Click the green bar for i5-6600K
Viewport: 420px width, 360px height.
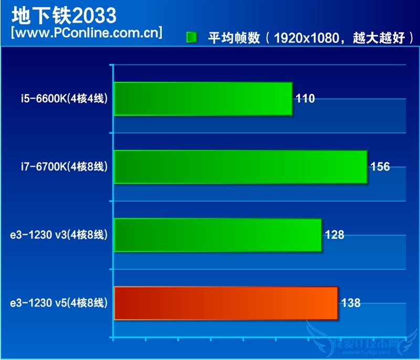pyautogui.click(x=203, y=99)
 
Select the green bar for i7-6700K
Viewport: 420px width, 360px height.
pyautogui.click(x=240, y=167)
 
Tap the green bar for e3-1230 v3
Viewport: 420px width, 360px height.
pyautogui.click(x=217, y=235)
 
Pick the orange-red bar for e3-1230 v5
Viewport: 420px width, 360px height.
pyautogui.click(x=226, y=303)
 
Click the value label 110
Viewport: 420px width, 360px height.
pyautogui.click(x=305, y=99)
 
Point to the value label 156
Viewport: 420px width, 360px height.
pyautogui.click(x=380, y=167)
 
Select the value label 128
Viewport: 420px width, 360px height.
pyautogui.click(x=334, y=235)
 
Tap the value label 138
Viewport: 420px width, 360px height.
pyautogui.click(x=351, y=303)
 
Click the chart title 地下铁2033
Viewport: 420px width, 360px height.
pyautogui.click(x=64, y=16)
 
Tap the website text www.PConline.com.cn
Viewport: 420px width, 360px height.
pyautogui.click(x=86, y=34)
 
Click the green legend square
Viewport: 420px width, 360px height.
pyautogui.click(x=192, y=38)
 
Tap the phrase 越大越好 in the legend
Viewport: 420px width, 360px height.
pyautogui.click(x=379, y=38)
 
